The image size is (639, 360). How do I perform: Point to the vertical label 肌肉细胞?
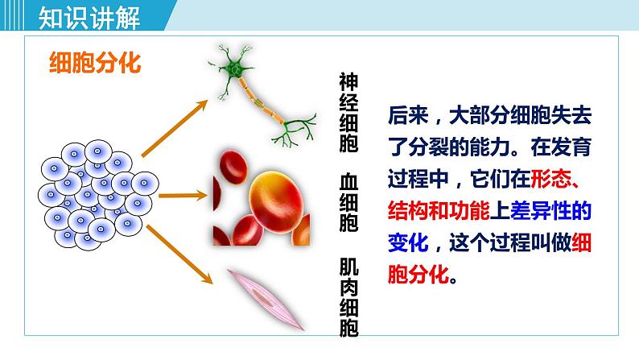pyautogui.click(x=348, y=298)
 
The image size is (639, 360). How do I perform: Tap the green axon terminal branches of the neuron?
pyautogui.click(x=293, y=129)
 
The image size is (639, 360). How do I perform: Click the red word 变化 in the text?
pyautogui.click(x=406, y=241)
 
